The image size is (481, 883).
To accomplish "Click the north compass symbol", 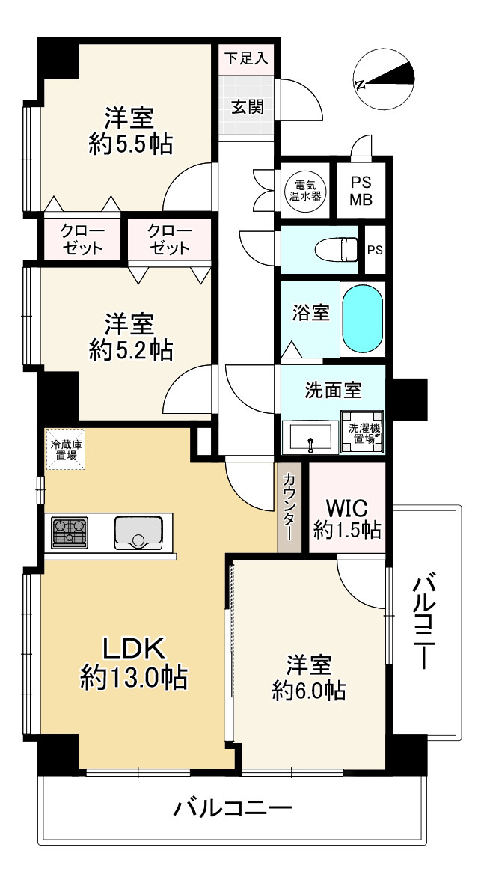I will [x=386, y=78].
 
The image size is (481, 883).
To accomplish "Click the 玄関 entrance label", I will [x=246, y=106].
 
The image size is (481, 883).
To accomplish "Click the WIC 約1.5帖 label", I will [x=347, y=519].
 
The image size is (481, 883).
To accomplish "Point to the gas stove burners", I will [x=69, y=532].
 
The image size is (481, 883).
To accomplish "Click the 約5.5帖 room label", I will [x=129, y=130].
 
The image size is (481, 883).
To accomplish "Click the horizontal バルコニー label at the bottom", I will [x=232, y=809].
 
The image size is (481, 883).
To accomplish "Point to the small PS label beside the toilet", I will [x=374, y=249].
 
